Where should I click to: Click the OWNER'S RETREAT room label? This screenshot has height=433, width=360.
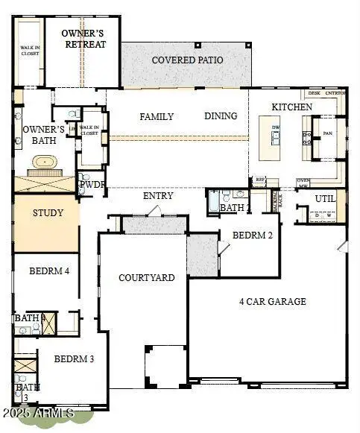(x=83, y=39)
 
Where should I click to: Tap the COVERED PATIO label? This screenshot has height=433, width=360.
(x=187, y=60)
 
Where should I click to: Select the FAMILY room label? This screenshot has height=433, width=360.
(x=157, y=116)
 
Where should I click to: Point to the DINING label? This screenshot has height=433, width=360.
(x=221, y=116)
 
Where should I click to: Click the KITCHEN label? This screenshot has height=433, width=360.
(x=291, y=107)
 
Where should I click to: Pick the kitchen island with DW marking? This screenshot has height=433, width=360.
(x=275, y=137)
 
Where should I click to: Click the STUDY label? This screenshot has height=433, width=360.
(x=47, y=213)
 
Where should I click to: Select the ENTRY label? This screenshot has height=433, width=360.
(x=158, y=196)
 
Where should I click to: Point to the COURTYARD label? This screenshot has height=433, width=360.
(x=147, y=278)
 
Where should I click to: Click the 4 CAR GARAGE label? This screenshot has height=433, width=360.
(x=272, y=302)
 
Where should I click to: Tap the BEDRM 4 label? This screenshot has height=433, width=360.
(x=49, y=271)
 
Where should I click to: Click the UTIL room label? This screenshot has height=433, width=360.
(x=325, y=199)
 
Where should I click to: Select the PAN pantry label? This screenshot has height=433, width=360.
(x=327, y=135)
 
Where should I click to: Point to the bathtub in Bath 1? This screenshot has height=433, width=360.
(x=215, y=201)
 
